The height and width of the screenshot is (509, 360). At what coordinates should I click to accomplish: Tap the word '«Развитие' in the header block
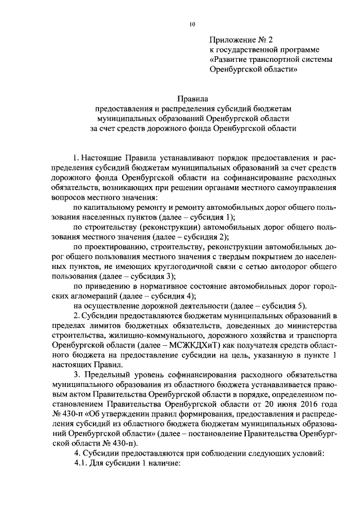(x=228, y=59)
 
